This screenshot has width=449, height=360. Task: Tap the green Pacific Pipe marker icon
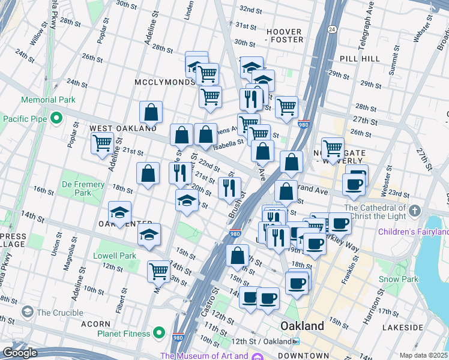pos(56,118)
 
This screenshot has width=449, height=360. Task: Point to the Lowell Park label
pos(115,256)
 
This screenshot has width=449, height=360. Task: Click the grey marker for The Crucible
pos(27,312)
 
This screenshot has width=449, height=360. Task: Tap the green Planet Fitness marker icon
pos(159,332)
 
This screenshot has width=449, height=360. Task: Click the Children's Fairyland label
pos(413,232)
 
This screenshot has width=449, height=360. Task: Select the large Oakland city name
pos(303,326)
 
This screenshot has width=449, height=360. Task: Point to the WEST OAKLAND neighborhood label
pos(123,128)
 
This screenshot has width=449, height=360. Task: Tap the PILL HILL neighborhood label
pos(360,59)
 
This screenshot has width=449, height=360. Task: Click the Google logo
pos(19,352)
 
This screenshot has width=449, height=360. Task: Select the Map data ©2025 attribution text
pos(423,355)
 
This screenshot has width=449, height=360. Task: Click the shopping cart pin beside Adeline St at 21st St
pos(102,143)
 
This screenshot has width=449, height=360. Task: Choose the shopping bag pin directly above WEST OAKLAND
pos(151,112)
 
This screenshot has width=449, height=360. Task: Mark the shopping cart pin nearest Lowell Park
pos(158,270)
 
